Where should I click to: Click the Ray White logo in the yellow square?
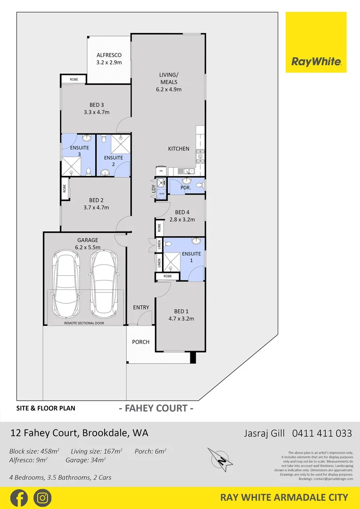tap(316, 61)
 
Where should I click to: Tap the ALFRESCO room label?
tap(109, 55)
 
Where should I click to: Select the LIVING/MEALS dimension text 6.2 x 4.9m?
tap(168, 89)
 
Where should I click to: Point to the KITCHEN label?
tap(179, 148)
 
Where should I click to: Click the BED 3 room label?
tap(96, 105)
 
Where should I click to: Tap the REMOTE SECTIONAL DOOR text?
tap(84, 323)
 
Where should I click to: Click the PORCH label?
tap(140, 342)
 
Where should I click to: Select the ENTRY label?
tap(141, 307)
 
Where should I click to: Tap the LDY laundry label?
tap(153, 189)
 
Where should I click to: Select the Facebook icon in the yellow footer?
tap(19, 498)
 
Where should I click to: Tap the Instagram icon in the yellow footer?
tap(42, 498)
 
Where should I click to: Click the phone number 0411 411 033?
tap(322, 433)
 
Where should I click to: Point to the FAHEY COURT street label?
tap(155, 408)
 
